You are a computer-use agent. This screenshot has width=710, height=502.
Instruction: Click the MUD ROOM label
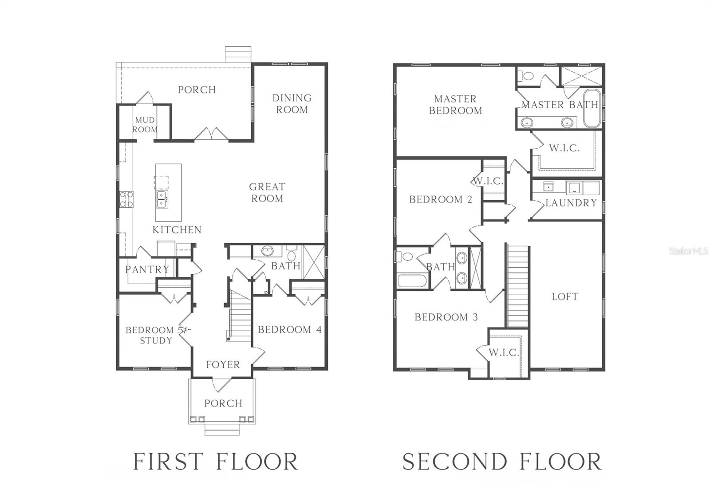[145, 125]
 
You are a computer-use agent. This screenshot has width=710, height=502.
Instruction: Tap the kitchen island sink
[162, 200]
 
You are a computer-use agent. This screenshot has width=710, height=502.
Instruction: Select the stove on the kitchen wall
[125, 199]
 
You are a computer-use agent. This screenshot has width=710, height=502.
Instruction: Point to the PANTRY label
[147, 269]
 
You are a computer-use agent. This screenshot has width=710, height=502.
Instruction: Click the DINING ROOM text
[292, 103]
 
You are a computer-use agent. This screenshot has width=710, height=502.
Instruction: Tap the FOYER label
[223, 365]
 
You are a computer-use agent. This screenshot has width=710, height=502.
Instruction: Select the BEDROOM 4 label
[289, 330]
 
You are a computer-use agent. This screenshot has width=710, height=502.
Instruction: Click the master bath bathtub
[591, 109]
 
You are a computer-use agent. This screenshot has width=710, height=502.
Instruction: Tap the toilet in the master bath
[527, 76]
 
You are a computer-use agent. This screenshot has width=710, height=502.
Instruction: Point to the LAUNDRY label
[571, 203]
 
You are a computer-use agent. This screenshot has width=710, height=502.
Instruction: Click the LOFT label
[565, 296]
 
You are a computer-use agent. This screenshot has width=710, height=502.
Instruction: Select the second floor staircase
[517, 286]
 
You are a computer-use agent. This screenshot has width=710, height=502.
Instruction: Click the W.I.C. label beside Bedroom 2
[488, 182]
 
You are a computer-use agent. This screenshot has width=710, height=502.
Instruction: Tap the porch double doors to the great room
[211, 134]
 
